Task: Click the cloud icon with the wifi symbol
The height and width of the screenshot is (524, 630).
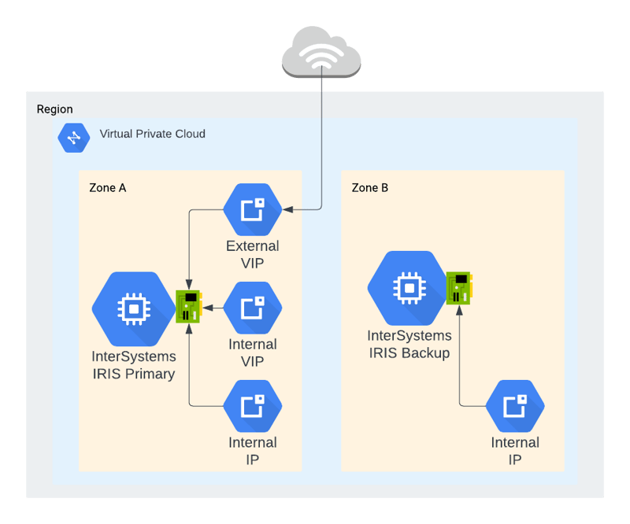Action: (321, 51)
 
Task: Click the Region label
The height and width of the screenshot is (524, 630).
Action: (54, 109)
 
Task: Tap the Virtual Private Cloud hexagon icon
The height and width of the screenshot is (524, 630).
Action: (74, 137)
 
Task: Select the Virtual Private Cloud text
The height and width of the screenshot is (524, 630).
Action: (152, 134)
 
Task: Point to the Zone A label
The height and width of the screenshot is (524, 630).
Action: (107, 188)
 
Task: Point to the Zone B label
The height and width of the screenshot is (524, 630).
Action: (369, 188)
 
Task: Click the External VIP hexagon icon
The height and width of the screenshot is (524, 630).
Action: (252, 210)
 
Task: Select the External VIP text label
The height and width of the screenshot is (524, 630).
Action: (252, 254)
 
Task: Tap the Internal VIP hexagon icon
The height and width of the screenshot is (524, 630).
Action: (252, 308)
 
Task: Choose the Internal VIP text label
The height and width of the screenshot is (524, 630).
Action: (252, 352)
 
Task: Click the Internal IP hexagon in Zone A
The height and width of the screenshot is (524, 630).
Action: (252, 405)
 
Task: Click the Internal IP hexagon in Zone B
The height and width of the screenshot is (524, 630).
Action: (515, 405)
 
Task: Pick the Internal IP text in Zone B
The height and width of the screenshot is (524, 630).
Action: (515, 450)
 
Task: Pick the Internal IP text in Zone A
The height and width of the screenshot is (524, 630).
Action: (252, 450)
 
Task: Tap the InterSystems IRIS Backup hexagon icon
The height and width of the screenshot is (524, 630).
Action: (409, 288)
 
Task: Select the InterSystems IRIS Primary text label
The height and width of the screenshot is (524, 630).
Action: (134, 365)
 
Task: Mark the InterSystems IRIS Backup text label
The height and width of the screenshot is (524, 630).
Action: (409, 345)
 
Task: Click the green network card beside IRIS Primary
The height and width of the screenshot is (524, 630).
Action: (188, 306)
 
